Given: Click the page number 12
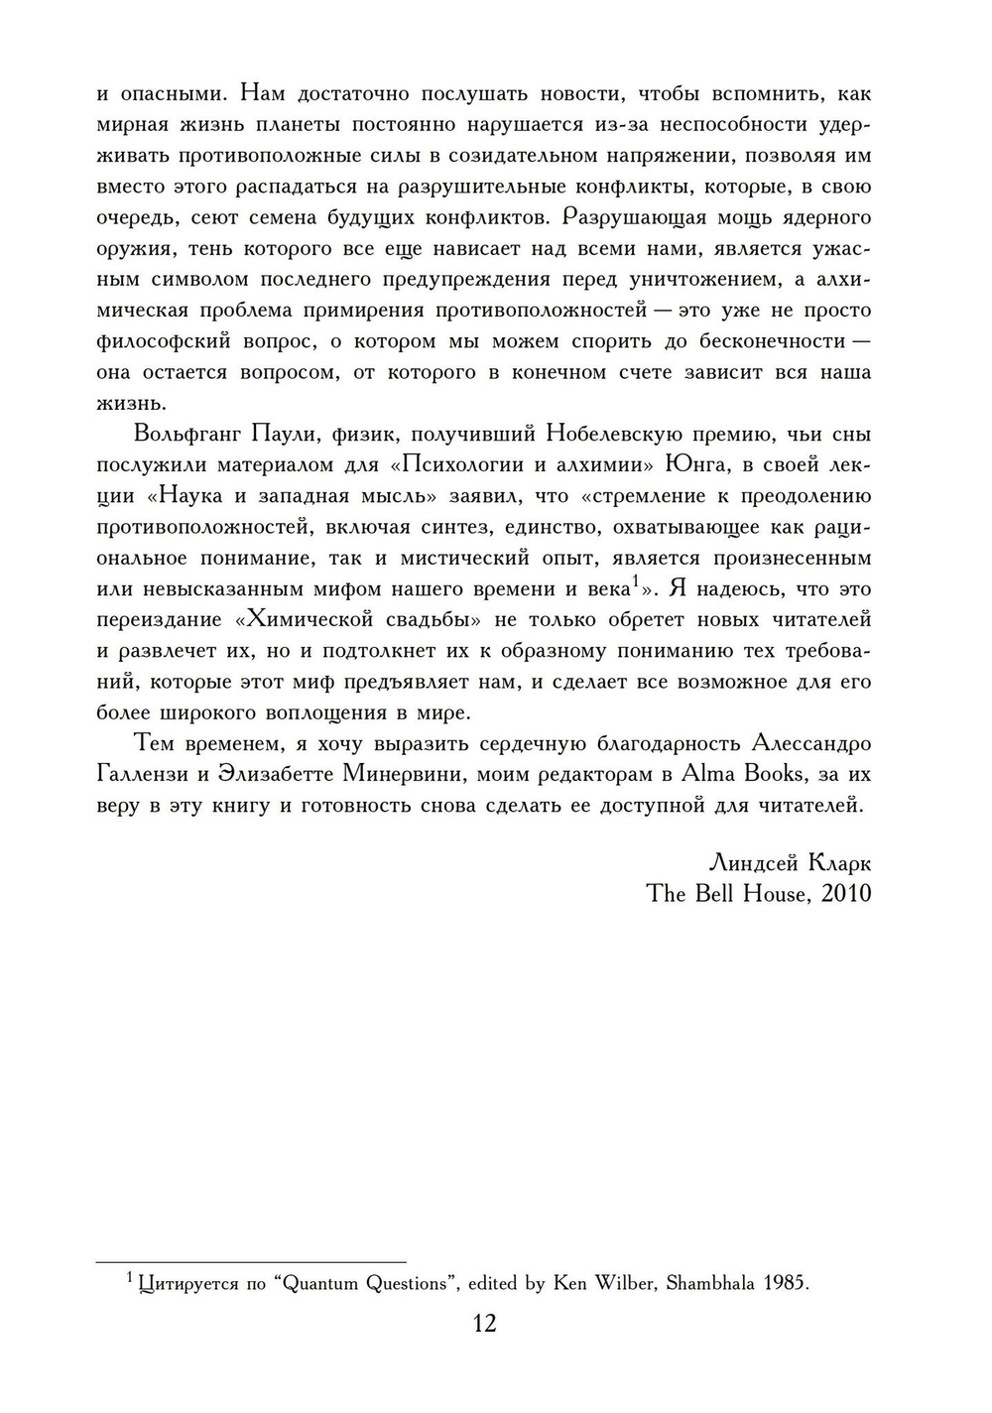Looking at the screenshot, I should coord(485,1324).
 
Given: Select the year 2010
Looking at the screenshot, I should coord(846,893).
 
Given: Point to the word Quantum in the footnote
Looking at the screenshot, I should coord(322,1284).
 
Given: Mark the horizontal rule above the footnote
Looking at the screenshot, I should coord(251,1261).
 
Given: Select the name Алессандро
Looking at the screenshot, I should coord(812,743).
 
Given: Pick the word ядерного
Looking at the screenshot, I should coord(822,217).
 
